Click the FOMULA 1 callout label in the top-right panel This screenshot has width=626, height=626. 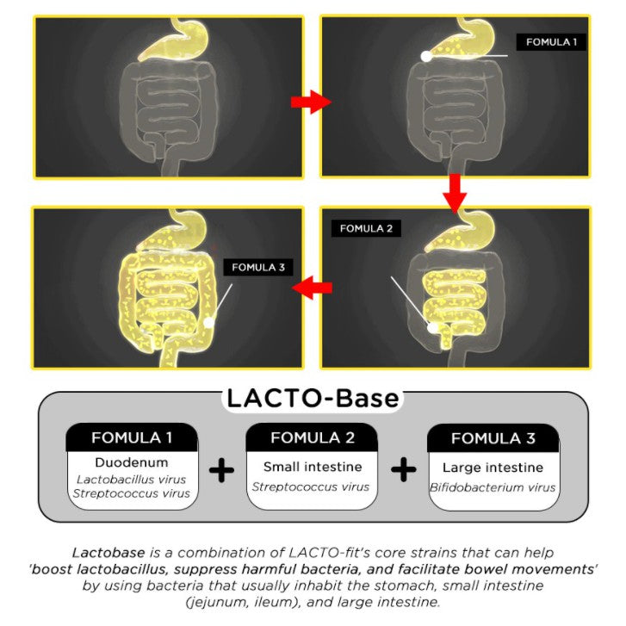tap(551, 41)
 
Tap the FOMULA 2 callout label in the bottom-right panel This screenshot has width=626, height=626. tap(366, 228)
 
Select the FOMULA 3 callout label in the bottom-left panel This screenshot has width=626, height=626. tap(257, 267)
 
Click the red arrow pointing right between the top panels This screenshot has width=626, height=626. tap(310, 102)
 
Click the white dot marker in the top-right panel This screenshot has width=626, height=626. tap(425, 56)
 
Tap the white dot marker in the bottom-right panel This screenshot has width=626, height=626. tap(434, 327)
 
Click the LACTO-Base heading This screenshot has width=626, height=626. tap(313, 399)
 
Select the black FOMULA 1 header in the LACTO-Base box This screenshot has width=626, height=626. tap(132, 437)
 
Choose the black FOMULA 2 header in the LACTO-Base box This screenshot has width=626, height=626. tap(313, 437)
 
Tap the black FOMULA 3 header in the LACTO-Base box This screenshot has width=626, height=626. tap(493, 437)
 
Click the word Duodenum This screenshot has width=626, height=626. tap(132, 462)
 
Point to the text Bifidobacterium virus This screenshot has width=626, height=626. tap(493, 487)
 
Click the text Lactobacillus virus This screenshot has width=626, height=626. tap(132, 479)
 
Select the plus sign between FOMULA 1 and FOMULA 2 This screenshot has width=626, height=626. tap(222, 470)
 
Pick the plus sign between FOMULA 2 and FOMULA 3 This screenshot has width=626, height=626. tap(402, 470)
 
